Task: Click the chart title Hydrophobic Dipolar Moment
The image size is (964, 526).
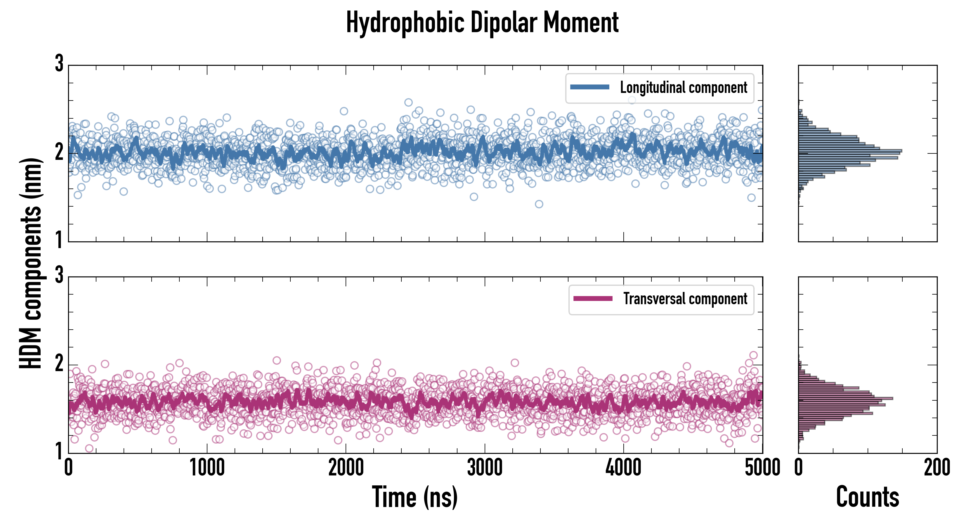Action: point(482,23)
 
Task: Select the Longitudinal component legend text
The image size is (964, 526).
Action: point(683,88)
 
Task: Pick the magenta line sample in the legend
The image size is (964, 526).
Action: point(593,299)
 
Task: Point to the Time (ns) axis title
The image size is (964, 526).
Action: point(415,497)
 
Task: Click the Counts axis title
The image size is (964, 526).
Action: point(867,497)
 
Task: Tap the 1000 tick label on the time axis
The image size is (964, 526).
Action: point(207,468)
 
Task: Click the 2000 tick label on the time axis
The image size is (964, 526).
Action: point(346,468)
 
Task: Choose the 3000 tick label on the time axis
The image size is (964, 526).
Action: point(485,468)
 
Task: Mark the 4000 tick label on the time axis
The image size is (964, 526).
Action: point(623,468)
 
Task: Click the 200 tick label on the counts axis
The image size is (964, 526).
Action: point(937,468)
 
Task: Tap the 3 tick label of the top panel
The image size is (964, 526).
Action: point(59,64)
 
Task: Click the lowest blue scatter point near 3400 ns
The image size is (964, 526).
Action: point(539,204)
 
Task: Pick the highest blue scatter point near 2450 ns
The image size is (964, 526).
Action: point(408,103)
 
